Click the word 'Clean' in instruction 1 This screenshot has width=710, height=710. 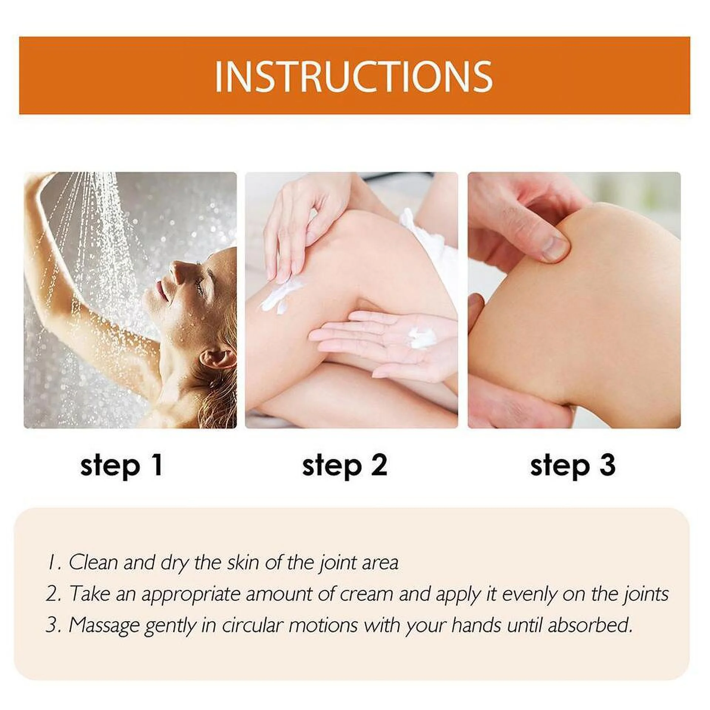94,573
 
